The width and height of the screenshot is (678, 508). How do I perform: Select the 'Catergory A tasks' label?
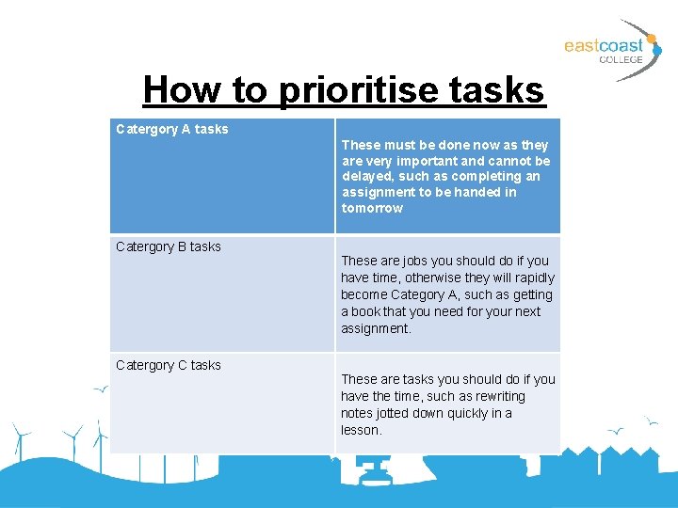(171, 129)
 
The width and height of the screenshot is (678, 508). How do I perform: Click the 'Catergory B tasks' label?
(169, 246)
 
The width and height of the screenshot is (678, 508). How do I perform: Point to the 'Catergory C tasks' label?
(169, 365)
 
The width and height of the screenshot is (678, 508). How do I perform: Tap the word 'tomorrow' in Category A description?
(372, 208)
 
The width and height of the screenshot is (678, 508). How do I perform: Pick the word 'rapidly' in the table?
(534, 278)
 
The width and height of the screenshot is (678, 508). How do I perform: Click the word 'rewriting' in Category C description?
(497, 396)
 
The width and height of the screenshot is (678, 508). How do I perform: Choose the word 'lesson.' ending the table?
(362, 430)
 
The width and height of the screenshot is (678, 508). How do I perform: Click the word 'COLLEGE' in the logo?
(621, 59)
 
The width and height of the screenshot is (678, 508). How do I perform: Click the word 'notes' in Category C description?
(357, 413)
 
